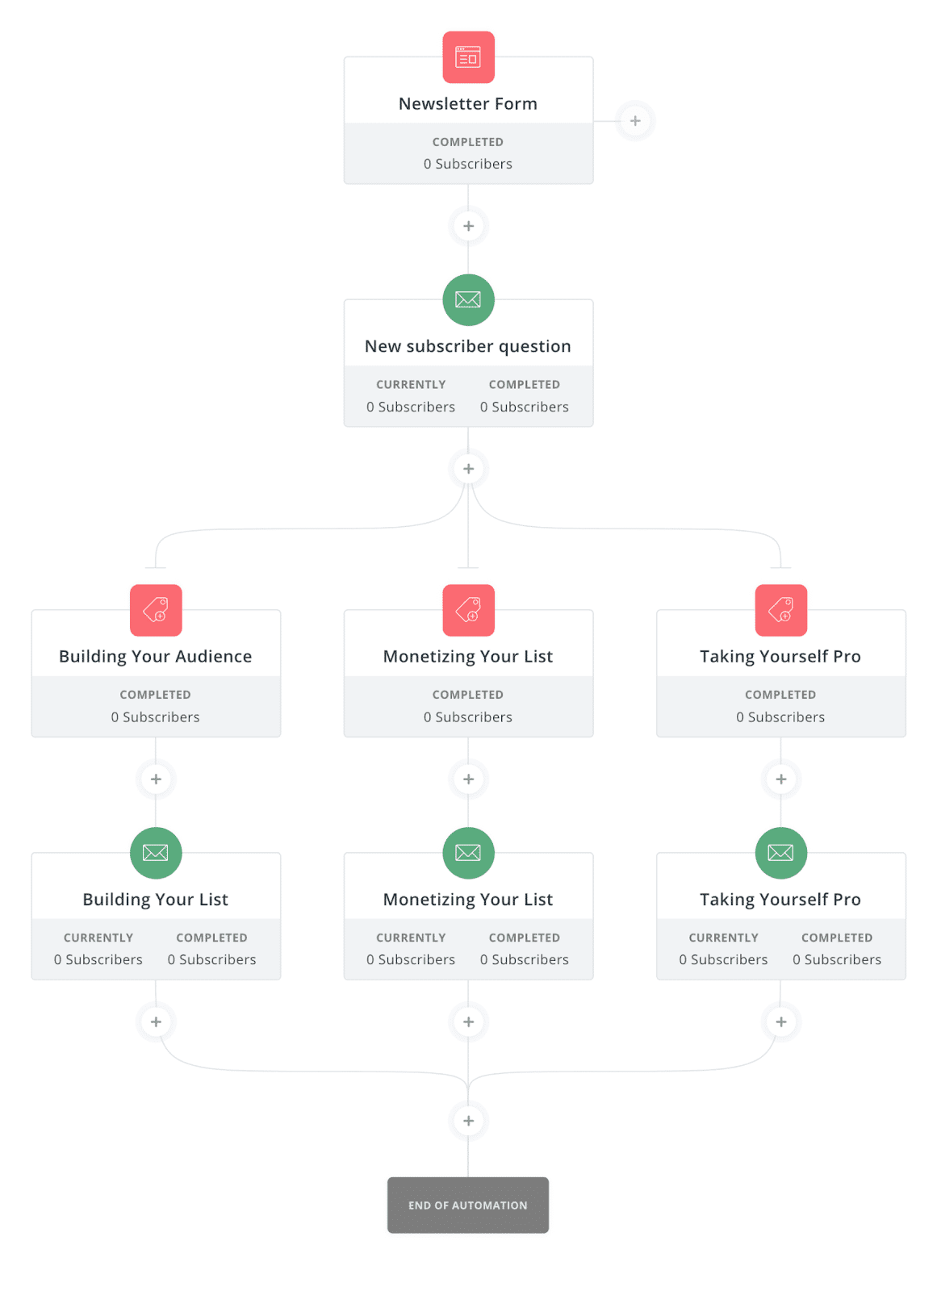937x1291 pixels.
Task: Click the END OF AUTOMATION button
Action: point(467,1205)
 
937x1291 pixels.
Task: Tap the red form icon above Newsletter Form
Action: point(468,57)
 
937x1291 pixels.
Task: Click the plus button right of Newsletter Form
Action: point(635,121)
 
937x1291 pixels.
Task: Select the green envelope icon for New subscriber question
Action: point(468,299)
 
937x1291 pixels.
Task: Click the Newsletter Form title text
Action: point(467,104)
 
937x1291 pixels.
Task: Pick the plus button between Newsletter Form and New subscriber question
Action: point(468,226)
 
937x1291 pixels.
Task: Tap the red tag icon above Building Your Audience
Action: point(156,610)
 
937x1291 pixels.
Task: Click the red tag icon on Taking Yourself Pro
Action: point(780,610)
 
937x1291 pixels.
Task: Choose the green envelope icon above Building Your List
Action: point(156,853)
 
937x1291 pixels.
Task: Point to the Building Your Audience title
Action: point(155,657)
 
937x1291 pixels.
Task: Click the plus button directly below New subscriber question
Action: point(468,469)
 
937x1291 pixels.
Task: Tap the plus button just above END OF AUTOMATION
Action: point(468,1121)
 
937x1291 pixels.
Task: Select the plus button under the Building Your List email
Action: point(156,1022)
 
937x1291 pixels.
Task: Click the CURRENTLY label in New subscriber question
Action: point(411,384)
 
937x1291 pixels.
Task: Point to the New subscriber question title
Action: point(467,346)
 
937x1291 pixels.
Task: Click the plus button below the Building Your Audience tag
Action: point(156,779)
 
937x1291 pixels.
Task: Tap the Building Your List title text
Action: point(155,900)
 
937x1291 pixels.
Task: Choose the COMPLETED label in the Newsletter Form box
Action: point(467,142)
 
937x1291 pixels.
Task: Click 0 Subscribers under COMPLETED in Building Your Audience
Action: point(155,717)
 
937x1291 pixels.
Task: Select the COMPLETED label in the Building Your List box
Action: point(211,938)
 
